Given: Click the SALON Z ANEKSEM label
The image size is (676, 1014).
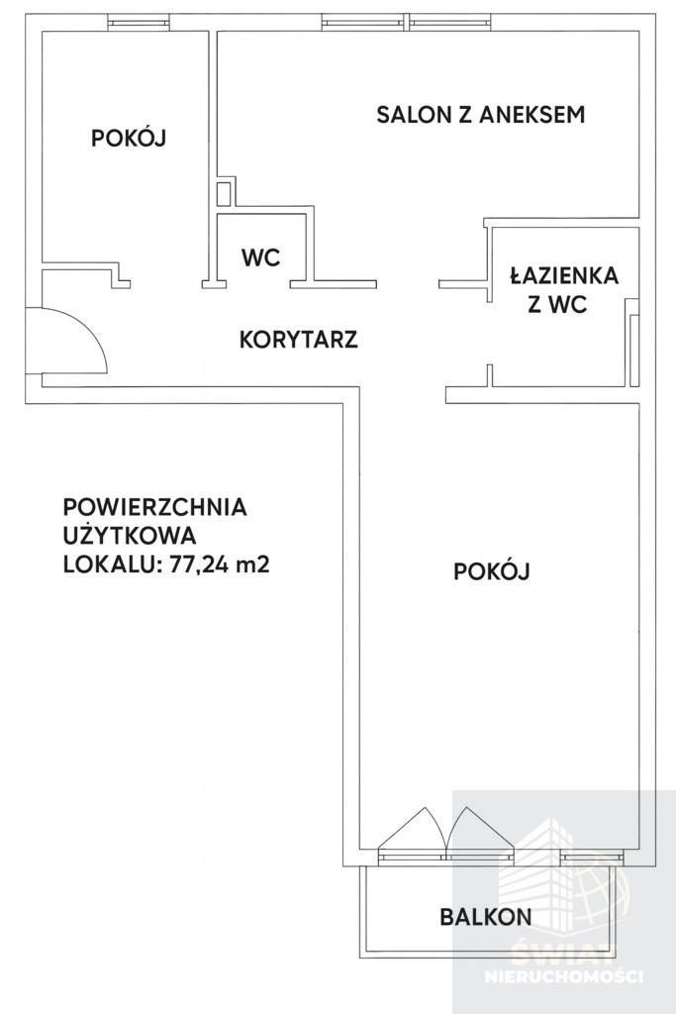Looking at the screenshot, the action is coord(481,115).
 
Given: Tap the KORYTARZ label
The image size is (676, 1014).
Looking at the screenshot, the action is coord(299,340).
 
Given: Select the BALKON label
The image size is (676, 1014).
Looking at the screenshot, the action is coord(486,916).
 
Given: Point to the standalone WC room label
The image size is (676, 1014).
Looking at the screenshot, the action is coord(261,257).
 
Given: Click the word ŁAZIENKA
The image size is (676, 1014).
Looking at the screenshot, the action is coord(564,275).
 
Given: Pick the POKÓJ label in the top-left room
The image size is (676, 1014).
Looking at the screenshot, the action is coord(129,138).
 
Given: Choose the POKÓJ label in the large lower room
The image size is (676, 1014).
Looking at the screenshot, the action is coord(492,571).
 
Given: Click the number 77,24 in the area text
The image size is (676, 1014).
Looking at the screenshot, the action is coord(198,564).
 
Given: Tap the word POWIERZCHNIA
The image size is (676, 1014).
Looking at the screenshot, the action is coord(155,507).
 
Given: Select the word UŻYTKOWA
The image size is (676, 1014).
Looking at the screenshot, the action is coord(130,535).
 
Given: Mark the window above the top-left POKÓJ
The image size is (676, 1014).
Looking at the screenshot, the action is coord(139,24).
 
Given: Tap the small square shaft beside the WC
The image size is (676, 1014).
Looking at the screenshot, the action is coord(224,194).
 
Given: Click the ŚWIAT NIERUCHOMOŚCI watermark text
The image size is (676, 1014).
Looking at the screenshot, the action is coord(564,963).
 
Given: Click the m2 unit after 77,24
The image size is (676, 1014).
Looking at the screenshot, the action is coord(252,564).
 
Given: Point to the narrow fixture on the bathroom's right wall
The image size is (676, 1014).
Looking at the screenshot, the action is coord(634,350).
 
